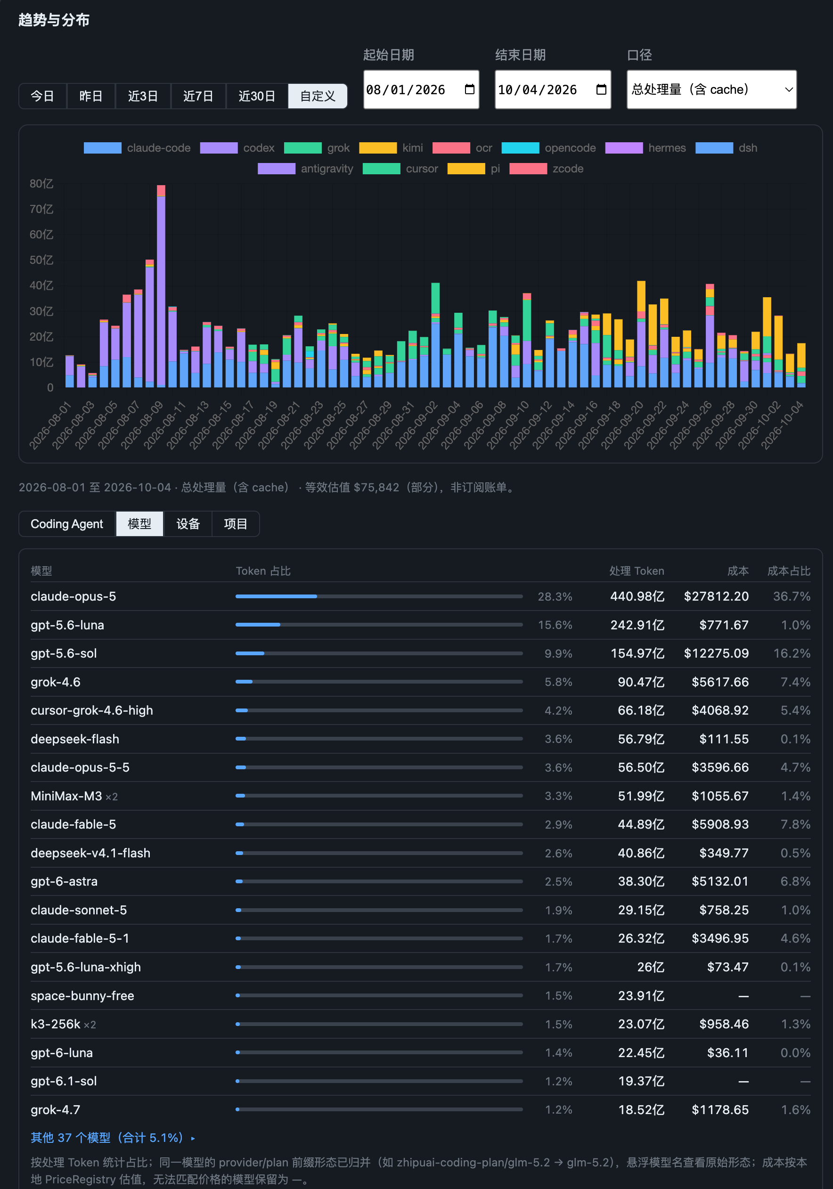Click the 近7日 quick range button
[198, 96]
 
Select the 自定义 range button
[318, 96]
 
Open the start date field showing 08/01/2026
[421, 90]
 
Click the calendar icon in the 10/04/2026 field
[601, 90]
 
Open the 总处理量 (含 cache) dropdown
[711, 90]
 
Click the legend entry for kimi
[391, 148]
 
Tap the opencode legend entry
[548, 148]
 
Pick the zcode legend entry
[547, 169]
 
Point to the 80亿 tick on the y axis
[41, 184]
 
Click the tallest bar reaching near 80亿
[161, 286]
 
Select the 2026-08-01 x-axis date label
[50, 425]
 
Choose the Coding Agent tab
[67, 524]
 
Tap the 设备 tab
[188, 524]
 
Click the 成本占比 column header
[788, 570]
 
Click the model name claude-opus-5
[73, 596]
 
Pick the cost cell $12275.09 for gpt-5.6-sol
[716, 653]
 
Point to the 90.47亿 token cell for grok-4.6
[641, 682]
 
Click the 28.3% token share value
[555, 596]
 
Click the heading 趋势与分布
[54, 20]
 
